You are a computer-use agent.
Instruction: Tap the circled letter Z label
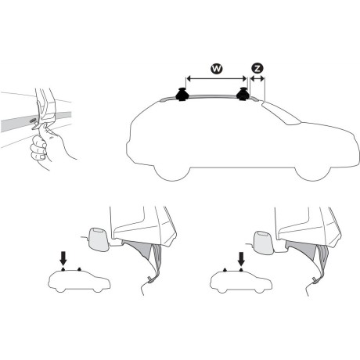click(x=257, y=69)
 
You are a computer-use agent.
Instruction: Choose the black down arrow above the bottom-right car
click(x=242, y=256)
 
